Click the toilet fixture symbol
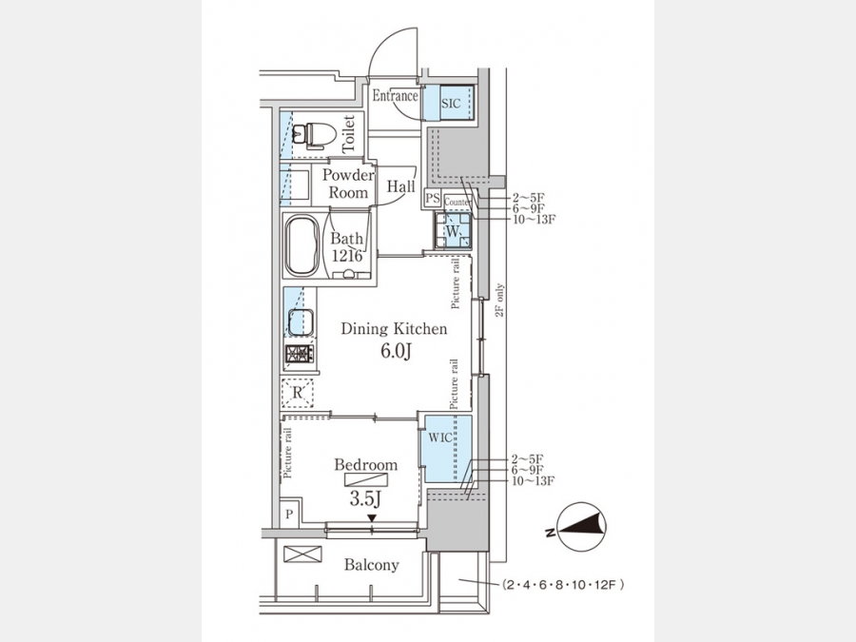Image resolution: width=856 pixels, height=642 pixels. coord(313,135)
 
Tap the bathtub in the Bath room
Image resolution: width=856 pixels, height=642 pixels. coord(302,245)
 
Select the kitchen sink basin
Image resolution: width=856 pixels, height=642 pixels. coord(301,322)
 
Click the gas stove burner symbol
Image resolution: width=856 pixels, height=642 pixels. coord(300,354)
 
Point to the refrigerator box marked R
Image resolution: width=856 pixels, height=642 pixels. coord(298,393)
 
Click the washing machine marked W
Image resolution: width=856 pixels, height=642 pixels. coord(453,231)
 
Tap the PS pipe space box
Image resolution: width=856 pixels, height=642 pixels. coord(433,198)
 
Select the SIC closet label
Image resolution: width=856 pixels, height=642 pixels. coord(451,103)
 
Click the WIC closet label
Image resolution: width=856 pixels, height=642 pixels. coord(440,438)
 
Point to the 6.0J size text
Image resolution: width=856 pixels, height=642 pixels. coord(396,350)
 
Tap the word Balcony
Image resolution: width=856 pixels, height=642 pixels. coord(371,564)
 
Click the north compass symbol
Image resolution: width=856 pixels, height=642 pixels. coord(582,526)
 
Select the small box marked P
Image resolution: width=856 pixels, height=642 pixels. coord(289,514)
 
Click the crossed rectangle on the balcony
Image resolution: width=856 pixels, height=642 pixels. coord(302,554)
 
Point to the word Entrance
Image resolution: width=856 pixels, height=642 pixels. coord(396,96)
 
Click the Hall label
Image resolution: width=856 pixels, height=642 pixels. coord(400,186)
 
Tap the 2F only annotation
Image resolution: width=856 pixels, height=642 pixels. coord(499,301)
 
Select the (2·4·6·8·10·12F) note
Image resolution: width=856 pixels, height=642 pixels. coord(563,585)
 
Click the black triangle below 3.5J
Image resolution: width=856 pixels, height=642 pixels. coord(372,517)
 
